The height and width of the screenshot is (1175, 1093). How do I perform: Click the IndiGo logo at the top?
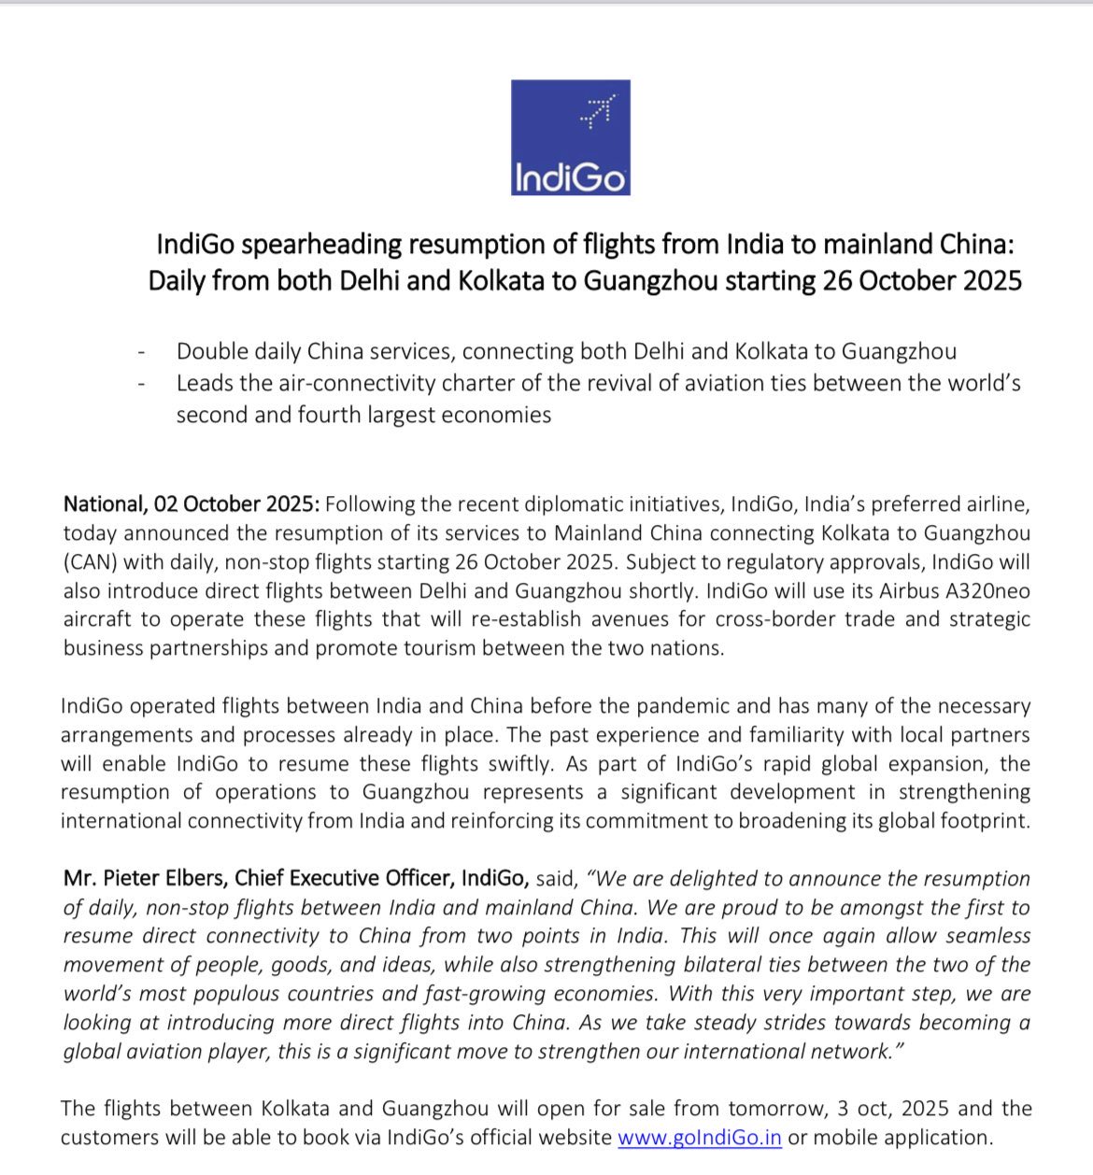tap(570, 137)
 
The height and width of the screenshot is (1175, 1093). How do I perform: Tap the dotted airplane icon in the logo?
tap(593, 110)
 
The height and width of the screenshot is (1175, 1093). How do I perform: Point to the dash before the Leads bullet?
tap(141, 384)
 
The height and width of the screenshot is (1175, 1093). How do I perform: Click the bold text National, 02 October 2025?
tap(192, 504)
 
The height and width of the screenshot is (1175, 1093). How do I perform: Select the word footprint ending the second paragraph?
tap(982, 821)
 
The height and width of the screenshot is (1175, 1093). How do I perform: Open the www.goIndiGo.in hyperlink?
tap(700, 1138)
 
